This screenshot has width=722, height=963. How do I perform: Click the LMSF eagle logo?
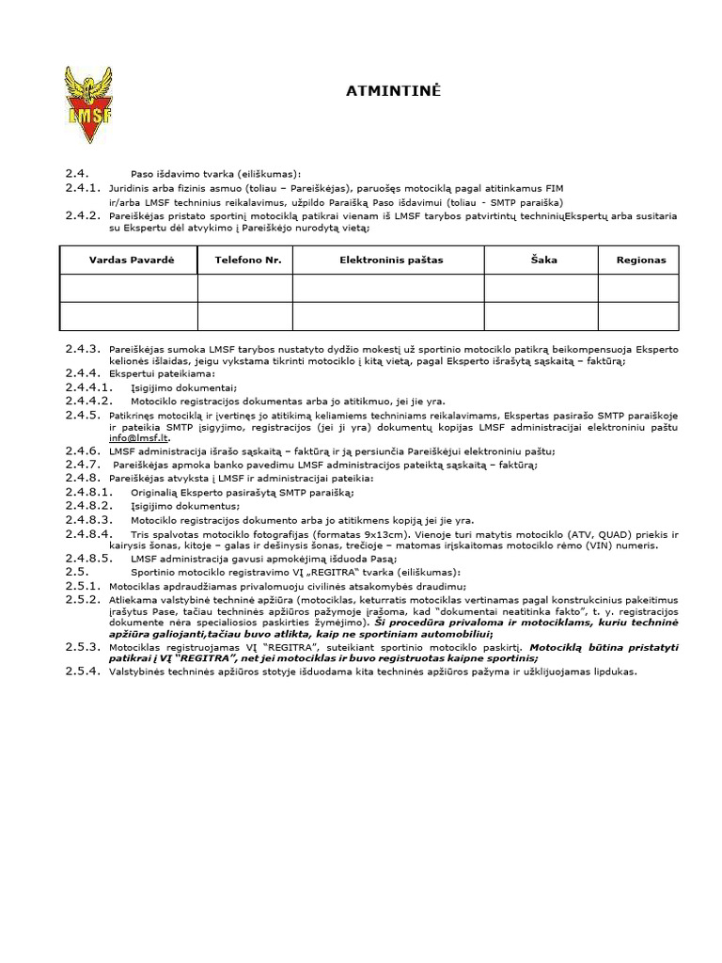click(x=86, y=104)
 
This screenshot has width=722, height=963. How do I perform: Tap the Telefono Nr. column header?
click(x=248, y=260)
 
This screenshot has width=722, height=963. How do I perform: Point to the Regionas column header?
click(x=640, y=260)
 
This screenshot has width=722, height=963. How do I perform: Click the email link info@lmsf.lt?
click(x=130, y=438)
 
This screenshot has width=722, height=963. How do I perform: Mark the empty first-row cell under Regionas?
click(x=640, y=288)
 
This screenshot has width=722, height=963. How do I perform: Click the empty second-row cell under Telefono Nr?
click(x=248, y=316)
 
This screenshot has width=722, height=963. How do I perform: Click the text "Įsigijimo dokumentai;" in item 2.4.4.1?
click(x=170, y=387)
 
